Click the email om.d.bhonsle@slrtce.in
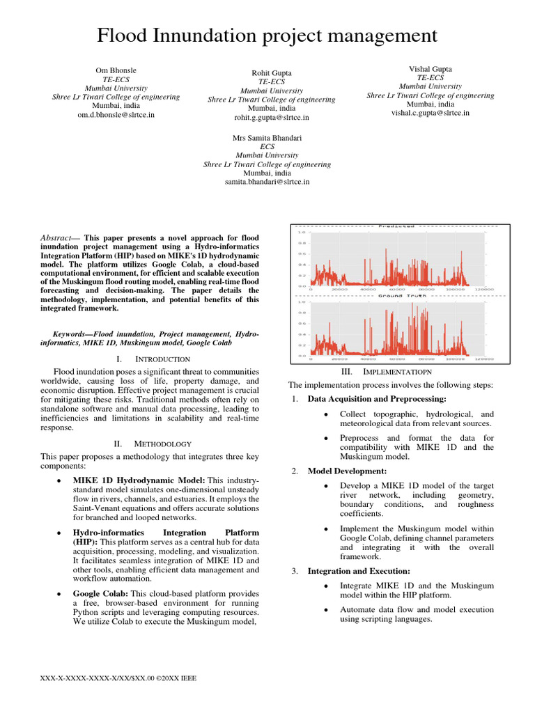pyautogui.click(x=116, y=115)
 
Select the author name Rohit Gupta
pyautogui.click(x=272, y=73)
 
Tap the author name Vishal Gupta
pyautogui.click(x=430, y=69)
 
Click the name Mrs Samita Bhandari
pyautogui.click(x=267, y=139)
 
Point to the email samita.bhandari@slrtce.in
pyautogui.click(x=267, y=182)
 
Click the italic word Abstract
pyautogui.click(x=59, y=237)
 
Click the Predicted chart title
pyautogui.click(x=396, y=226)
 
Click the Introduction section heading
pyautogui.click(x=162, y=359)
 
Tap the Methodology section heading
pyautogui.click(x=162, y=444)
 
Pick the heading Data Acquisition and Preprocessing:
pyautogui.click(x=367, y=399)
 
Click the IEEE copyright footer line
pyautogui.click(x=119, y=677)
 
